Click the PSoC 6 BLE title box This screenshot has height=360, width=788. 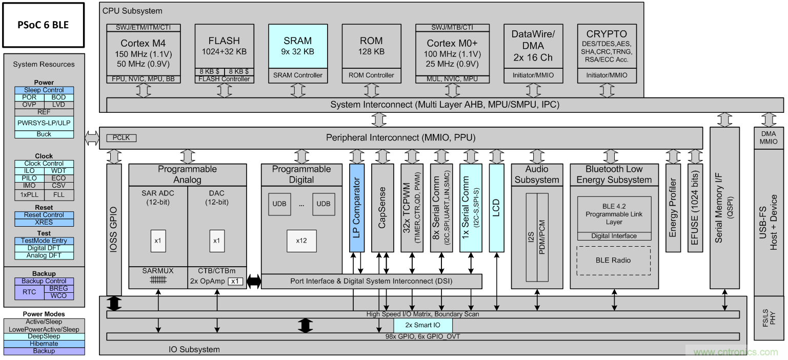43,25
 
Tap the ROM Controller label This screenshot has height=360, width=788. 372,75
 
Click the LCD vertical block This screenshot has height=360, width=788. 496,208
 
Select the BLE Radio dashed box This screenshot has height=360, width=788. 614,261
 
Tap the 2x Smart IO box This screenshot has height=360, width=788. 423,325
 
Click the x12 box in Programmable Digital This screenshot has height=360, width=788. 301,241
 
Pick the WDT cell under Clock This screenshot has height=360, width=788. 58,171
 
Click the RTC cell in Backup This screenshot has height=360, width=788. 30,292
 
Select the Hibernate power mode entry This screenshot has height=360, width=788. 44,344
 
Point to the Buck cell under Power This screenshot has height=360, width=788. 44,134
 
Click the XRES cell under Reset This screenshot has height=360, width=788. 44,223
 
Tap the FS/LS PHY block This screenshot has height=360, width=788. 769,318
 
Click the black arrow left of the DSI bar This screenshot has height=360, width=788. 253,281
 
